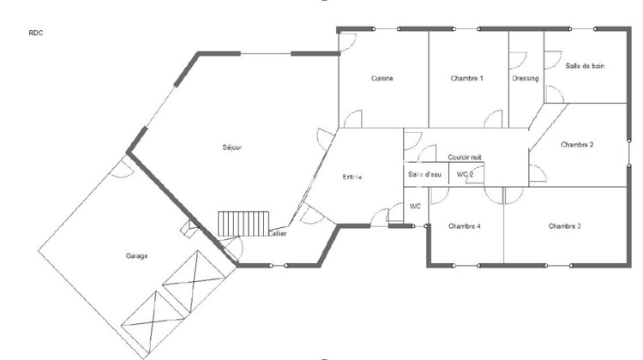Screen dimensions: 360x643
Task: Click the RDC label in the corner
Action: click(35, 33)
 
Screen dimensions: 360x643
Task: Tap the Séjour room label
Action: click(231, 147)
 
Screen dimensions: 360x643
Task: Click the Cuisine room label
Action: click(382, 79)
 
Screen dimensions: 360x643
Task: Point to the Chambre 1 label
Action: click(467, 79)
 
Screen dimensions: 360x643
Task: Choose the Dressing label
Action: click(526, 79)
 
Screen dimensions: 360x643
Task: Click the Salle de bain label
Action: click(585, 65)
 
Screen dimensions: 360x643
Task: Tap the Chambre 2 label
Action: click(578, 145)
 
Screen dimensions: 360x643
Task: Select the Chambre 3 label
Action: click(565, 226)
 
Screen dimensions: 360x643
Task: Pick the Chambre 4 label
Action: click(464, 226)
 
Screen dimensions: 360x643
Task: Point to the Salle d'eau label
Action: click(424, 175)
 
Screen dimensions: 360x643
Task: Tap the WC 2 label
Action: click(466, 175)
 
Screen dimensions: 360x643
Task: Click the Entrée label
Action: click(352, 177)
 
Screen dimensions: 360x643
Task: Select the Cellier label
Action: click(278, 233)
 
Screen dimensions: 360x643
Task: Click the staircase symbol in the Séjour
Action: click(244, 225)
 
